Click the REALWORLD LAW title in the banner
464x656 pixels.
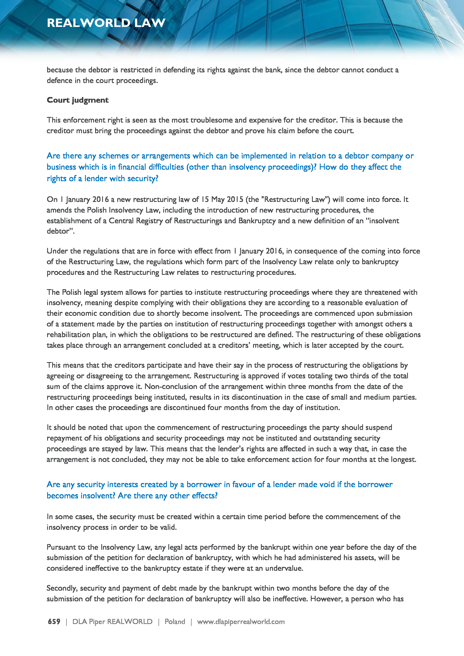(106, 23)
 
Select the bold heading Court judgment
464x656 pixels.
(77, 100)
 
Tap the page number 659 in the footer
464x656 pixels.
(54, 622)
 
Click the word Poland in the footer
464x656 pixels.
(174, 622)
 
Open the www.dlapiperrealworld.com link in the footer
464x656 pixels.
(241, 622)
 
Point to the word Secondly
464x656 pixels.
(62, 588)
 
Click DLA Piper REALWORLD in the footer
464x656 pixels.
(112, 622)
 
